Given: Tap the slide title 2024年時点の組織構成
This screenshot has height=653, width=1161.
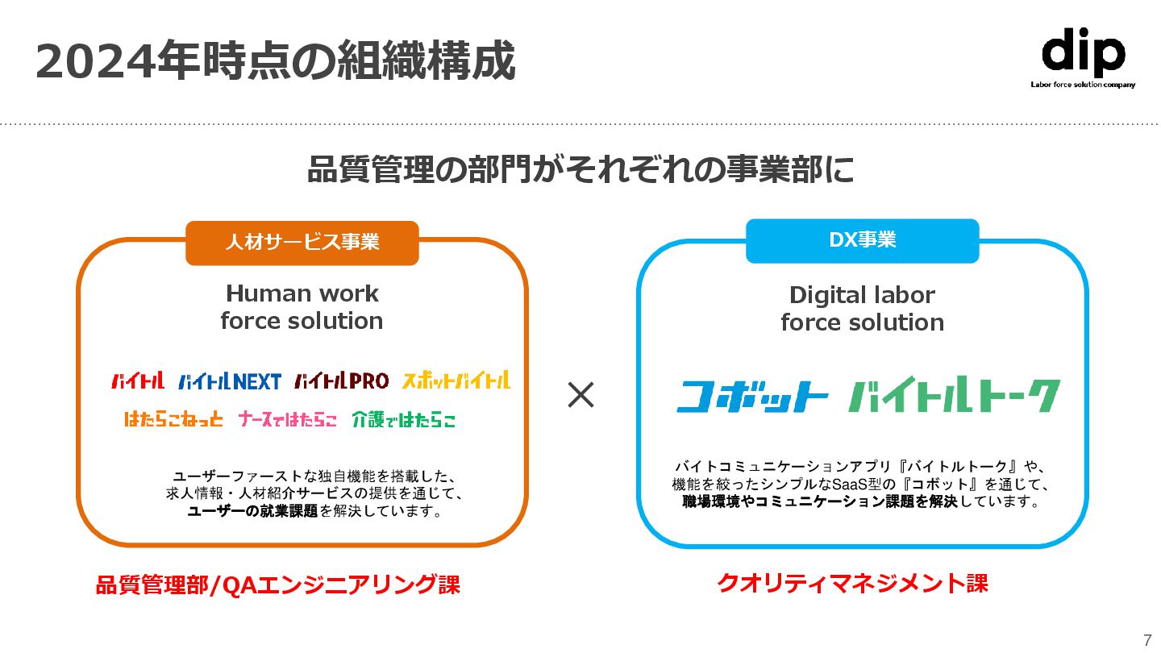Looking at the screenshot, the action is click(275, 60).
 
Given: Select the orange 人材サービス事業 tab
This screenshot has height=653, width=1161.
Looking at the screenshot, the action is click(302, 242).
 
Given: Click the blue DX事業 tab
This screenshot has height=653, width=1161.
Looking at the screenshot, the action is click(862, 240).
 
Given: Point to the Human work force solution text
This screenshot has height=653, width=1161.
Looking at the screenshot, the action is click(302, 307).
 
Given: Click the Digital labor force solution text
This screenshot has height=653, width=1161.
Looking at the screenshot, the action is click(862, 309).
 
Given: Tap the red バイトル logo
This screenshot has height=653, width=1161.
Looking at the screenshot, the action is click(138, 381).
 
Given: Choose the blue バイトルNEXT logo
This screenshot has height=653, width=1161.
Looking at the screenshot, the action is click(230, 381).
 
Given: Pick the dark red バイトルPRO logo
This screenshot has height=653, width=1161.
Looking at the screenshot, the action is click(341, 381).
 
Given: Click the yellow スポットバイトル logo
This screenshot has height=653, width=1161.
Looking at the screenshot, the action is click(456, 380).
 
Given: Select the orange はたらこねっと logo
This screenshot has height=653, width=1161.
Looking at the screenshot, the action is click(173, 419).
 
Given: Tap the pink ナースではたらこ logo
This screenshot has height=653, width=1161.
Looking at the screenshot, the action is click(287, 419).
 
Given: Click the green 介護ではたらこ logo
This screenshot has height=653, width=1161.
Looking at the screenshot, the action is click(404, 419).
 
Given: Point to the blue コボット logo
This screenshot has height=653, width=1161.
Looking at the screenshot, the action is click(752, 396).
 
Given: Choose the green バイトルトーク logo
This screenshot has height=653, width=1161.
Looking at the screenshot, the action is click(955, 396).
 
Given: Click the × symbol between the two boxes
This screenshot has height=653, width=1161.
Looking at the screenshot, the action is click(580, 395).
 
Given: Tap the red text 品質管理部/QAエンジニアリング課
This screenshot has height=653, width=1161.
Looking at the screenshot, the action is click(277, 585).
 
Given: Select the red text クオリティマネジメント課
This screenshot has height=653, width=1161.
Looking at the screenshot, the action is click(852, 583).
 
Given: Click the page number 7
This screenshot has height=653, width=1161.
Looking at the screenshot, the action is click(1147, 640).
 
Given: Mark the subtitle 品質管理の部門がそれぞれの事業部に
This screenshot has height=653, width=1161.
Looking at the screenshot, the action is click(580, 170).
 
